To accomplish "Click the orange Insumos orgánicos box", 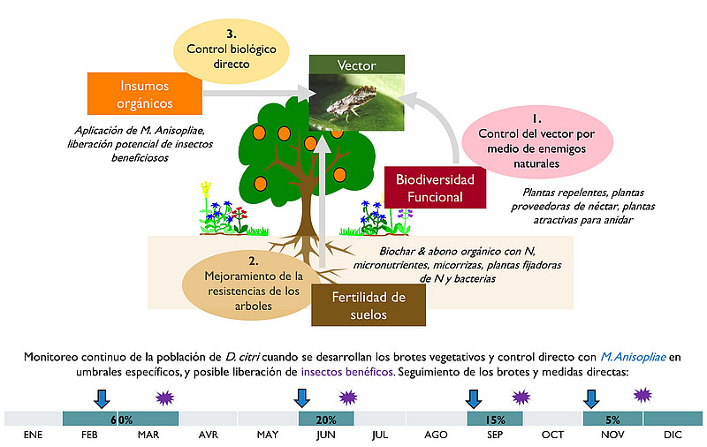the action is (144, 94).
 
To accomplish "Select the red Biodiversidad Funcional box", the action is (435, 188).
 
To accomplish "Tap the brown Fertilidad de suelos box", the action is (369, 305).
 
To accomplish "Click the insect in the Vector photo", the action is (351, 102).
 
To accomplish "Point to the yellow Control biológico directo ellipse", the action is (232, 51).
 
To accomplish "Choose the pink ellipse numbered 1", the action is (537, 141).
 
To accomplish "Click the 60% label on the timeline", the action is (122, 420).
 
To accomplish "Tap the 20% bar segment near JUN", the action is (326, 419).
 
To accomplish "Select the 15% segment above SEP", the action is (495, 419).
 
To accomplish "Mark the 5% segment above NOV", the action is (612, 419).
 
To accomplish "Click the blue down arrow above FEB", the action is (102, 399).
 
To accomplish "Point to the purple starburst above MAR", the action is (165, 398).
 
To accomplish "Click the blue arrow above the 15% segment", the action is (474, 399).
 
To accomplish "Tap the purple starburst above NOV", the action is (642, 395).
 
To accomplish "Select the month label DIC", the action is (673, 435).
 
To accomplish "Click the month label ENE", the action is (33, 435).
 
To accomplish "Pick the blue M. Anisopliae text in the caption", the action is (633, 357).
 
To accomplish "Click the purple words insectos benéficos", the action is (346, 372).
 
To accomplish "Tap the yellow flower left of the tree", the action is (206, 188).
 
